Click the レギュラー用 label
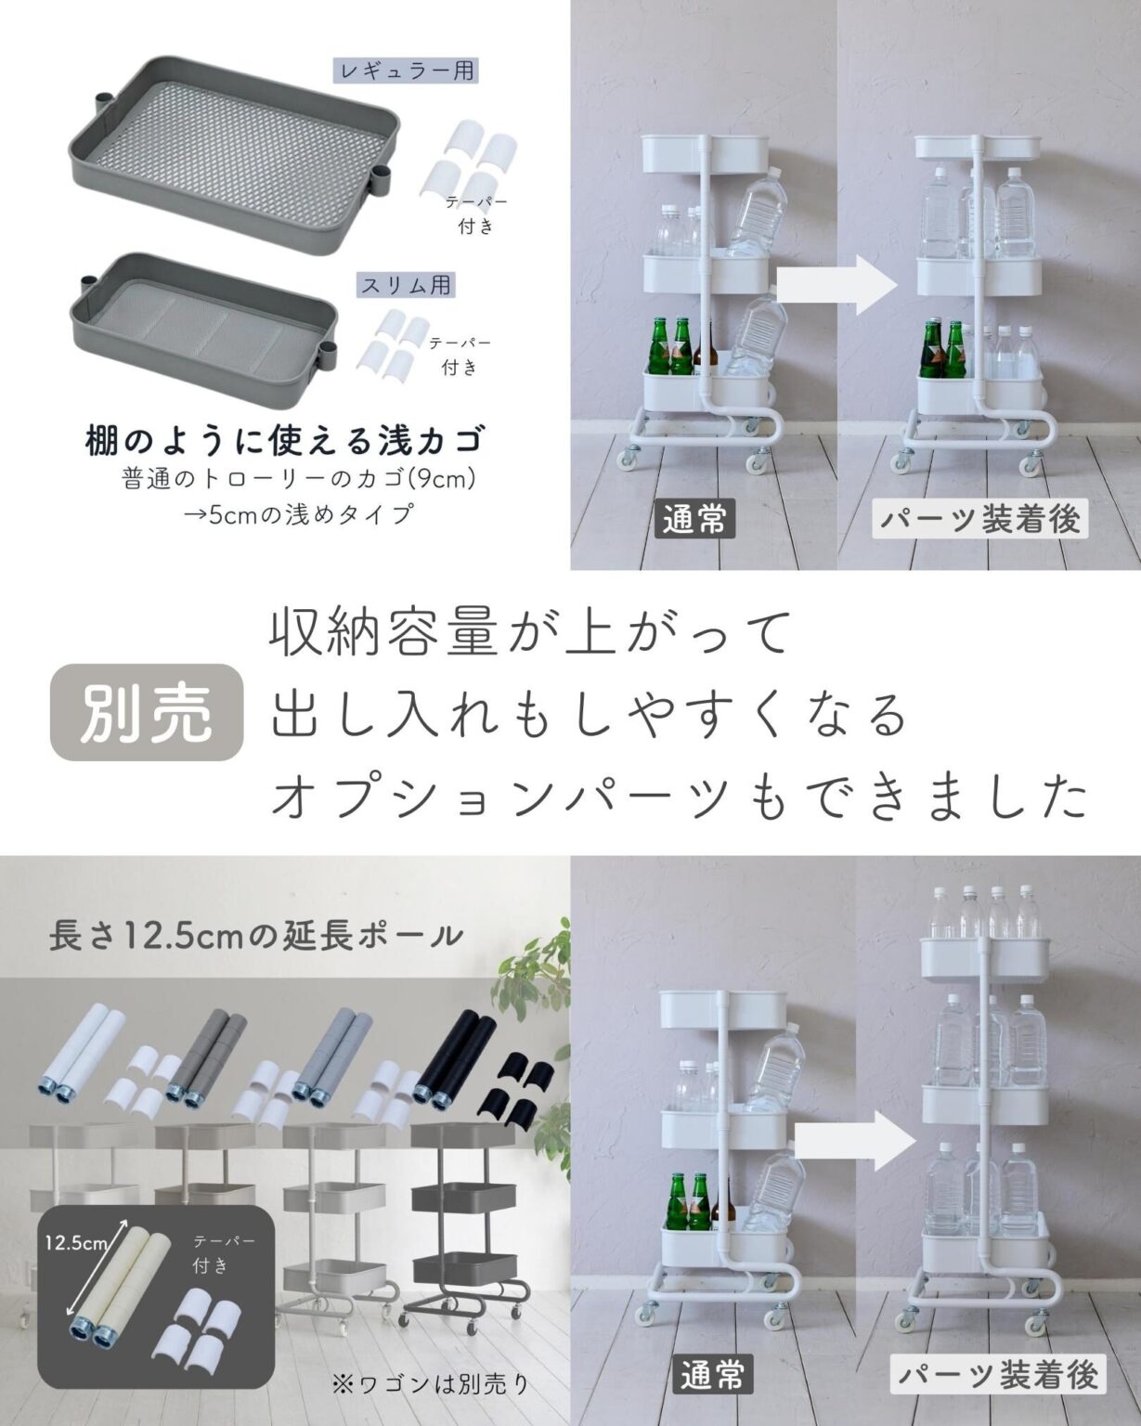(406, 71)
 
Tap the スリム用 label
(406, 285)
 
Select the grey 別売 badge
(146, 713)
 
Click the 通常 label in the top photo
(694, 520)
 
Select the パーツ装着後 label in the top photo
(980, 519)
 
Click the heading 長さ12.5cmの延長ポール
(256, 936)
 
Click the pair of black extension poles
(458, 1057)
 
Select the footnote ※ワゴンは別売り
(431, 1384)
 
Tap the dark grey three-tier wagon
(464, 1225)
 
